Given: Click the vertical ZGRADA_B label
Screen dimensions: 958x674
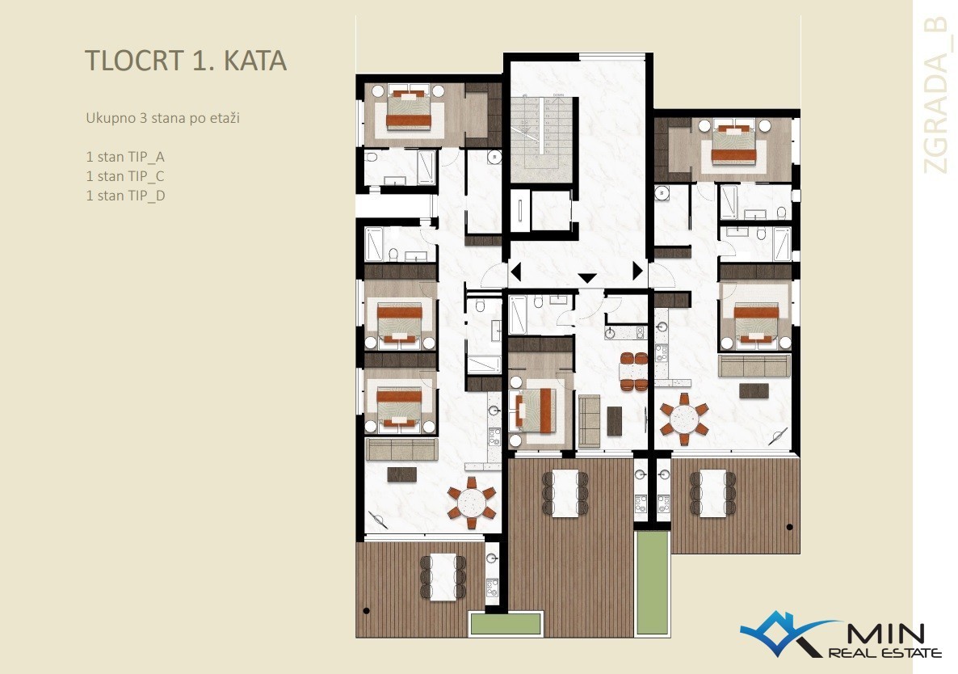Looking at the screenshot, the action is pyautogui.click(x=936, y=95).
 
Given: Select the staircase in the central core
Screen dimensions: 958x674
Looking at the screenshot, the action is pyautogui.click(x=541, y=138).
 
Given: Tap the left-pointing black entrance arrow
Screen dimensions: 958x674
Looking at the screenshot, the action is pyautogui.click(x=515, y=271).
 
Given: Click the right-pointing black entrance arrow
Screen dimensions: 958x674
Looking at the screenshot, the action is pyautogui.click(x=638, y=270).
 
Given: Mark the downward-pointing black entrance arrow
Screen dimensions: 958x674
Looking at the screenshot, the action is pyautogui.click(x=587, y=278).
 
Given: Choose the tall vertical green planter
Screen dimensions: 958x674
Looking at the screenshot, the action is pyautogui.click(x=652, y=583).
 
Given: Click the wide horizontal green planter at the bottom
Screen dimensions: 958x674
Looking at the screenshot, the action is pyautogui.click(x=506, y=623).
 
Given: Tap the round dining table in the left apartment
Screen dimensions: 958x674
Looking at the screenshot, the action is pyautogui.click(x=472, y=503).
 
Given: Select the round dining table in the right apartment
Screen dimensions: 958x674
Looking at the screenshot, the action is pyautogui.click(x=684, y=419).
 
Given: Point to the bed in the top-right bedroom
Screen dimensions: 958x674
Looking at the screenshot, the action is pyautogui.click(x=733, y=144).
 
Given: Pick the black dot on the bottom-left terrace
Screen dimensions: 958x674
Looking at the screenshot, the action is pyautogui.click(x=366, y=610).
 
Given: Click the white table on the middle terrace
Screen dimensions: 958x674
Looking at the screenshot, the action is pyautogui.click(x=565, y=493).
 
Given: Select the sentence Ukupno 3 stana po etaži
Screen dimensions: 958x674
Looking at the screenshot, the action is pyautogui.click(x=162, y=118).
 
